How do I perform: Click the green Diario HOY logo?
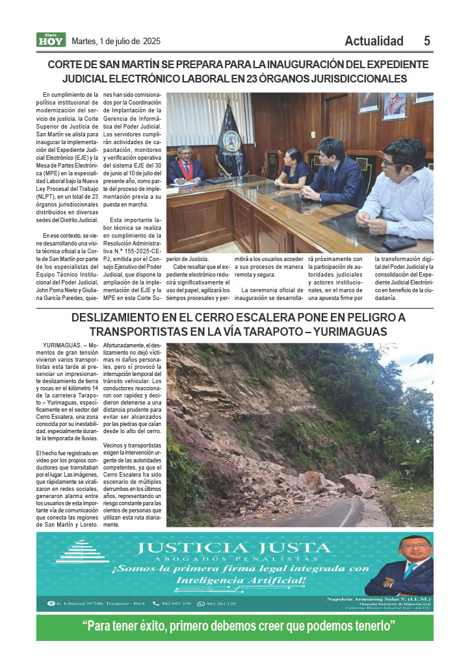51,40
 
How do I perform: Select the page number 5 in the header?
427,41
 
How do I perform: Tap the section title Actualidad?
374,41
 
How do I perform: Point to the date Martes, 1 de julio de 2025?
116,42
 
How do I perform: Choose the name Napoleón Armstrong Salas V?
368,599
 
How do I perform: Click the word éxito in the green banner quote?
154,627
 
